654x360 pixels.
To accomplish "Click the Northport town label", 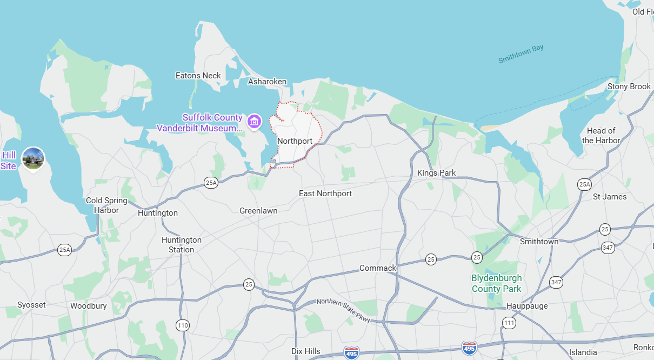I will tap(295, 141).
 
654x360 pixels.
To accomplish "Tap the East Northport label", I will tap(325, 194).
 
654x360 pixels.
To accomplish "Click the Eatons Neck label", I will tap(198, 76).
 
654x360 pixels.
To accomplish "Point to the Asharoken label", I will tap(267, 82).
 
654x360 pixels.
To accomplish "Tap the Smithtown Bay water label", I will tap(520, 54).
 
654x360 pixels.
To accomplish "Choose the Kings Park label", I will tap(436, 173).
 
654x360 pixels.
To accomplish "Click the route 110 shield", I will tap(182, 325).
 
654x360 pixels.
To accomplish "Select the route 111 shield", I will tap(509, 323).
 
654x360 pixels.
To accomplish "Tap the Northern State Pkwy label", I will tap(343, 311).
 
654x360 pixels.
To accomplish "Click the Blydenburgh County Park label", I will tap(497, 283).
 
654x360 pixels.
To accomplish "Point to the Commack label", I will tap(378, 268).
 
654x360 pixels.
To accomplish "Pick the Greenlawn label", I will tap(258, 211).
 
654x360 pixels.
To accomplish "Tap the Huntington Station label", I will tap(181, 244).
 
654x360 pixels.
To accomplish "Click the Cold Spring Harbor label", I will tap(106, 205).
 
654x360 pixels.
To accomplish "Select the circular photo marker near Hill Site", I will tap(34, 158).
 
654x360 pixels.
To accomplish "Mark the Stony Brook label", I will tap(629, 86).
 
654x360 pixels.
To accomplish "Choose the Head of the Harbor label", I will tap(601, 135).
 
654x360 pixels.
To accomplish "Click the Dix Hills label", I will tap(306, 351).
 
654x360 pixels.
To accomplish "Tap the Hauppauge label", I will tap(527, 306).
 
